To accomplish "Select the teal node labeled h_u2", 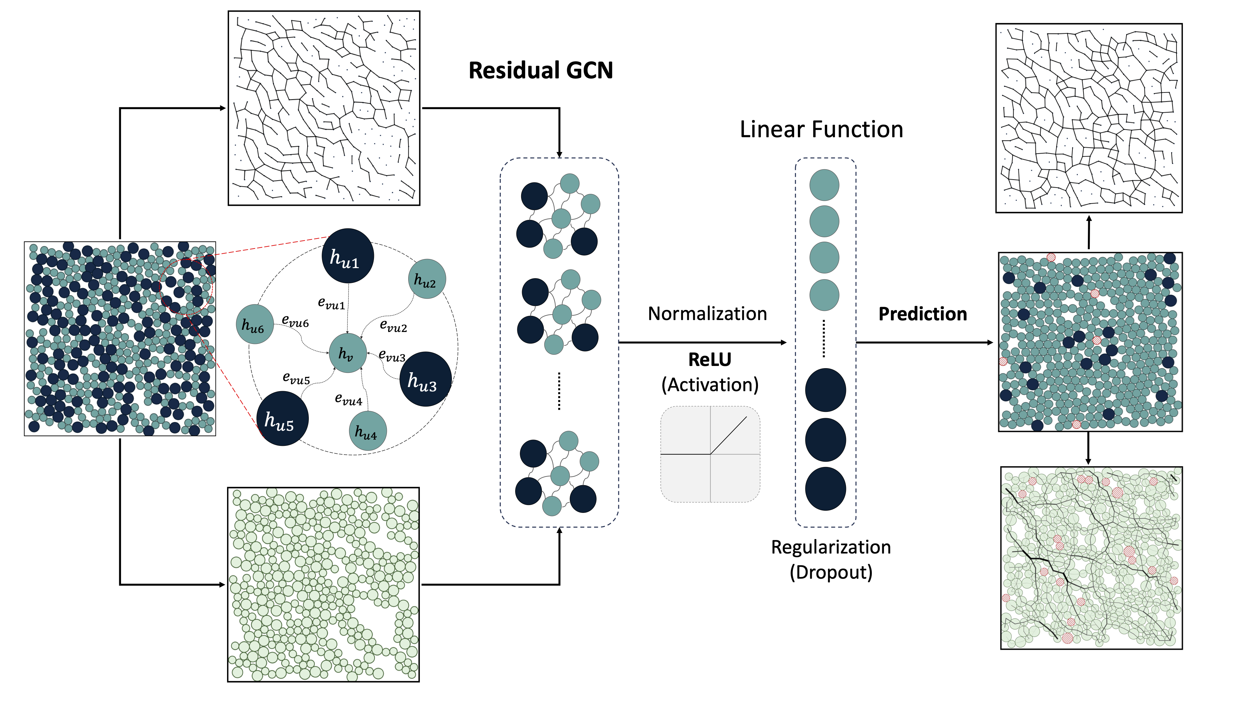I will (x=426, y=279).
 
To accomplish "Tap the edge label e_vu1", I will (x=331, y=303).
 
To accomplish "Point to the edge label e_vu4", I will (x=348, y=399).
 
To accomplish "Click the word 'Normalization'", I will (x=707, y=314).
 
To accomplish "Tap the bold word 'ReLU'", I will (x=710, y=360).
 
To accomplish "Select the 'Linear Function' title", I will (x=821, y=129).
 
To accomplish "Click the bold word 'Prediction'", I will (x=922, y=314).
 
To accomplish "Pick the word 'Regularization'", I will (x=831, y=547).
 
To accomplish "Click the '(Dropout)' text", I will (x=831, y=572).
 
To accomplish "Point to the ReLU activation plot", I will (x=710, y=454).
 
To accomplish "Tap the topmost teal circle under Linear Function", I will (x=824, y=185).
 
